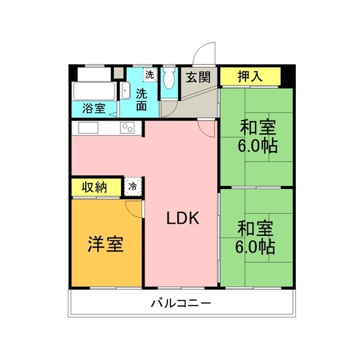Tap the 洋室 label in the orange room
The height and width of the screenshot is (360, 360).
[106, 244]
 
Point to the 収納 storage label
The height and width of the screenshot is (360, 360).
[95, 187]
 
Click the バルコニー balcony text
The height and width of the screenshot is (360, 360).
[181, 303]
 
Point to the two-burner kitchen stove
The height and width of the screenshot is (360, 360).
[127, 128]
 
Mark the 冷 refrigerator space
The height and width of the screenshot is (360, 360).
[133, 187]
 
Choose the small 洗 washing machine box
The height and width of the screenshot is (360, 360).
[149, 76]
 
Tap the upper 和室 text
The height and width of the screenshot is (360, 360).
[257, 128]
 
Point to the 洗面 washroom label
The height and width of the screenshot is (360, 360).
[142, 100]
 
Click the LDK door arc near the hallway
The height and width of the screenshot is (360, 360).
[206, 129]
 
